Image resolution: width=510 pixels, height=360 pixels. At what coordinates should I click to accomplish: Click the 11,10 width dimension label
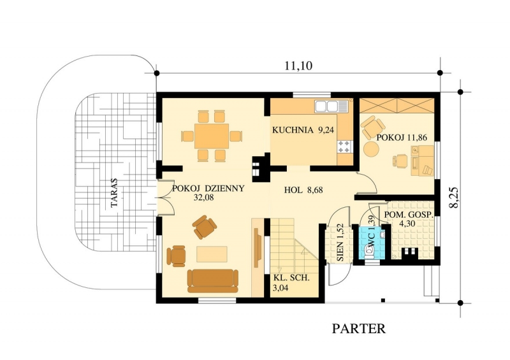[298, 66]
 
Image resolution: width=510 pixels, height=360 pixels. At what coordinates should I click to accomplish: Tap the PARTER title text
[359, 328]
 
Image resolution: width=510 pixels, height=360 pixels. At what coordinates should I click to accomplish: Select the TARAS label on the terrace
[114, 193]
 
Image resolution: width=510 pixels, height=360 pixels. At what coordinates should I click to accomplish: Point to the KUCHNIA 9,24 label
[303, 130]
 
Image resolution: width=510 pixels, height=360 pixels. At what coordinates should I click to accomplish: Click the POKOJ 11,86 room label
[402, 138]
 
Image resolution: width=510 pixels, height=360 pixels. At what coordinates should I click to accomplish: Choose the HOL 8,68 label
[303, 190]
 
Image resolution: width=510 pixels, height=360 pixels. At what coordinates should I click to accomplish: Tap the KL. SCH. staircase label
[291, 278]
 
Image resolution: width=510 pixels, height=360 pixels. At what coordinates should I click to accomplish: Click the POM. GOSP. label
[409, 215]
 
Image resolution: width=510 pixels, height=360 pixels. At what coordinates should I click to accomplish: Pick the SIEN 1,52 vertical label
[340, 243]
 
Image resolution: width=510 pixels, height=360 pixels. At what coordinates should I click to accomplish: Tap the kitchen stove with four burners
[345, 147]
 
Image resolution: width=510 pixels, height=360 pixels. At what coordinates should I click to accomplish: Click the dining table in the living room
[212, 136]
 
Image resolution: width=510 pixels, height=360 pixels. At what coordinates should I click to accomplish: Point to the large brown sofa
[213, 280]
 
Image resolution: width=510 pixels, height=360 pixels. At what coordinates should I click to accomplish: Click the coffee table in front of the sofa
[212, 254]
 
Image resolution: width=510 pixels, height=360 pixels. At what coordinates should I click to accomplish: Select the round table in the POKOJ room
[371, 150]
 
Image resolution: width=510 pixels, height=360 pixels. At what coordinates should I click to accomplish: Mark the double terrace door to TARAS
[166, 198]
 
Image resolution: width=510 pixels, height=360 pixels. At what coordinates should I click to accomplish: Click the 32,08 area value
[203, 198]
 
